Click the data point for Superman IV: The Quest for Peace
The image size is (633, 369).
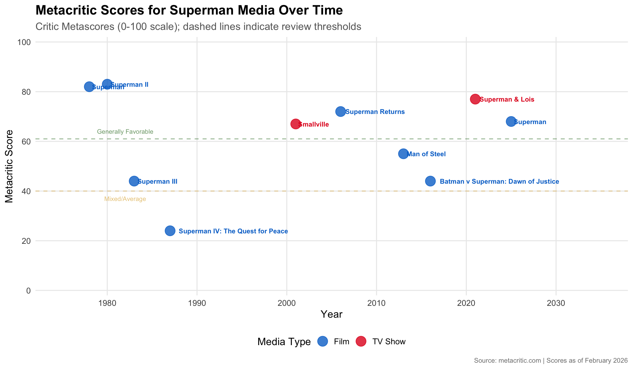pyautogui.click(x=170, y=231)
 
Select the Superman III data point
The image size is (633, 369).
pyautogui.click(x=134, y=181)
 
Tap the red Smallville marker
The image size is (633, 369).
pyautogui.click(x=295, y=124)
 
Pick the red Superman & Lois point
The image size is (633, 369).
pyautogui.click(x=475, y=99)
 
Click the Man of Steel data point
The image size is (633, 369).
pyautogui.click(x=403, y=154)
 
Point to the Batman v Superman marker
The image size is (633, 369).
pyautogui.click(x=430, y=181)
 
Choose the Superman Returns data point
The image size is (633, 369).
pyautogui.click(x=340, y=111)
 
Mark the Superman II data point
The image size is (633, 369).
pyautogui.click(x=107, y=84)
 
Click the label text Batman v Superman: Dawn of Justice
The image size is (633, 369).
pyautogui.click(x=499, y=181)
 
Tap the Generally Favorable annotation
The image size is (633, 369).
pyautogui.click(x=125, y=132)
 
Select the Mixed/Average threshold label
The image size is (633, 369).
pyautogui.click(x=125, y=199)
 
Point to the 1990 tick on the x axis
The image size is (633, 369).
pyautogui.click(x=197, y=303)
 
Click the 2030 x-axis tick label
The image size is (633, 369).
pyautogui.click(x=556, y=303)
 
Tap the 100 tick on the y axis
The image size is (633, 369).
pyautogui.click(x=24, y=42)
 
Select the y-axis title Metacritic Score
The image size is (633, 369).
pyautogui.click(x=9, y=166)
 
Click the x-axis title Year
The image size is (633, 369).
pyautogui.click(x=331, y=314)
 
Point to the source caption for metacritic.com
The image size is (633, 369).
pyautogui.click(x=551, y=360)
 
